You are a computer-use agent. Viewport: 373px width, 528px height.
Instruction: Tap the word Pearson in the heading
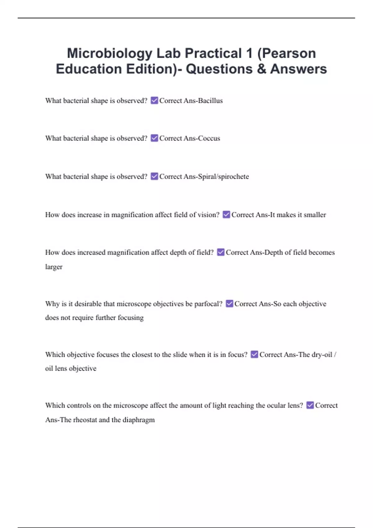pos(289,53)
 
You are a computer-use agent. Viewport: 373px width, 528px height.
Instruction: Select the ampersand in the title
pos(261,69)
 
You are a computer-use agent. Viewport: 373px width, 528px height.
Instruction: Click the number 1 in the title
pos(249,53)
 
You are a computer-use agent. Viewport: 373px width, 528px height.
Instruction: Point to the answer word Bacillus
pos(210,101)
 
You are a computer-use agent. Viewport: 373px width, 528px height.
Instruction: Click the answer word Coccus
pos(209,138)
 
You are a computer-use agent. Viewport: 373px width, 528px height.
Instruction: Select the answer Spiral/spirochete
pos(223,176)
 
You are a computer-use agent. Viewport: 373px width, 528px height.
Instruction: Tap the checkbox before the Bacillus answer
pos(154,100)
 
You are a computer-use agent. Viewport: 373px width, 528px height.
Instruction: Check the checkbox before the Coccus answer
pos(154,138)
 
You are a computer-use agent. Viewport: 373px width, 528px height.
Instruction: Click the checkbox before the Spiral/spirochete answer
pos(154,176)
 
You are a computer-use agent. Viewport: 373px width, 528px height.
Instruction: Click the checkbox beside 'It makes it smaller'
pos(226,214)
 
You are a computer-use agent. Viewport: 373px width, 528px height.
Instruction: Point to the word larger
pos(54,267)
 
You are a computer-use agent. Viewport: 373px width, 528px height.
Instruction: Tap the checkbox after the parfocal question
pos(229,303)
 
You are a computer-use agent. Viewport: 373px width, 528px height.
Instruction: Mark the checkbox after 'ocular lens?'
pos(310,405)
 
